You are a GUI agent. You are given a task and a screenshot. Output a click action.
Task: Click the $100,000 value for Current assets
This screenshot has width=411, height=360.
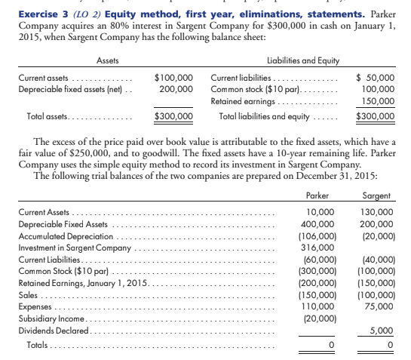[x=173, y=78]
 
